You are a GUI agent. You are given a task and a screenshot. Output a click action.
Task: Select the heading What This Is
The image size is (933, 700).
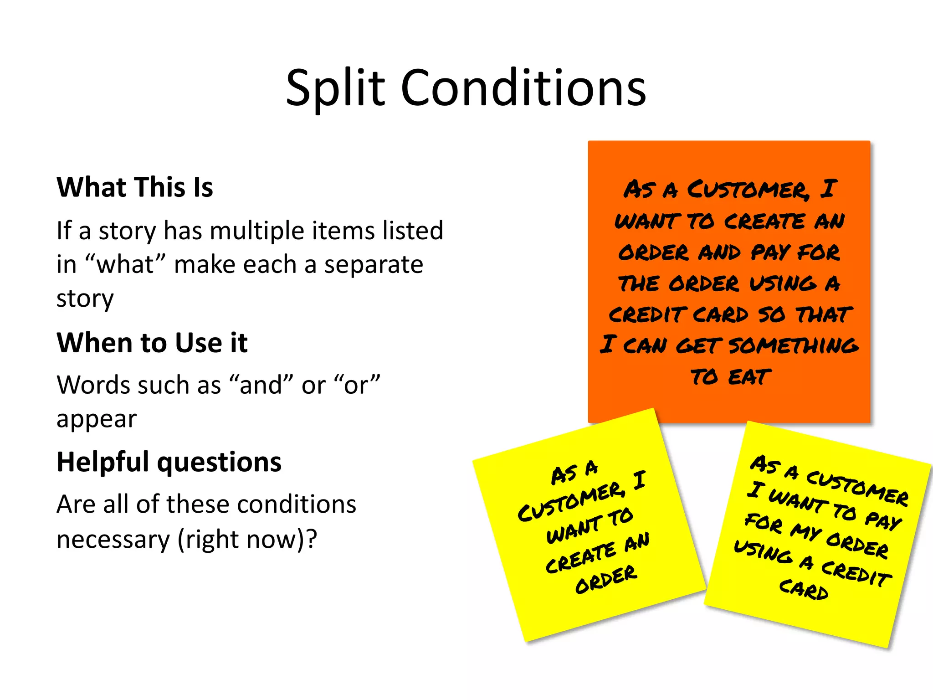point(135,187)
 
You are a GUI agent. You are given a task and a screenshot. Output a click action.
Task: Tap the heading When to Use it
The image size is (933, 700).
point(152,343)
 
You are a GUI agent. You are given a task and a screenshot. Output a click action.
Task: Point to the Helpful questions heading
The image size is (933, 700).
point(169,462)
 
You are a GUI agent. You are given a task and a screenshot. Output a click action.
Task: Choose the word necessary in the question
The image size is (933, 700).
point(113,539)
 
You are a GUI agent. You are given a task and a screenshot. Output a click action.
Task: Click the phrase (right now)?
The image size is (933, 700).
point(247,539)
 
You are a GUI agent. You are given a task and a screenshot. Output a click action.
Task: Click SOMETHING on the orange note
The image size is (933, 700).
point(793,345)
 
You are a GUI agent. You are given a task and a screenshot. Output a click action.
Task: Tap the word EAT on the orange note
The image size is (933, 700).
point(749,377)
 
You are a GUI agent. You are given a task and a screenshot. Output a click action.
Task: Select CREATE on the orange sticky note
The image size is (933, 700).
point(764,221)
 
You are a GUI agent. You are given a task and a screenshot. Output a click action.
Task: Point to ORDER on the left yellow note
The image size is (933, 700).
point(606,580)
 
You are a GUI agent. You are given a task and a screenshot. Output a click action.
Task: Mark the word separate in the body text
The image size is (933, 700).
point(374,264)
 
